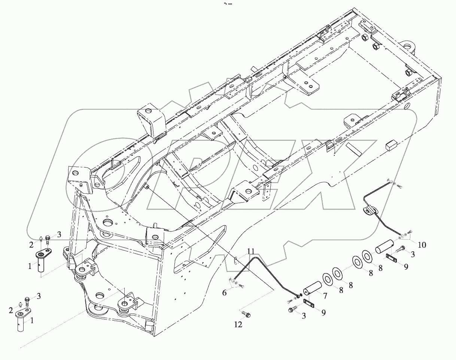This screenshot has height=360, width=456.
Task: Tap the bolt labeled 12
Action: pyautogui.click(x=246, y=313)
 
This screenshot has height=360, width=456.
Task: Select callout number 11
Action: pyautogui.click(x=250, y=251)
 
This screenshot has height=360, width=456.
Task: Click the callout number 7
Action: pyautogui.click(x=325, y=296)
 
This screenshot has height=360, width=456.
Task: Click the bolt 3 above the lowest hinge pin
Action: pyautogui.click(x=27, y=300)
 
